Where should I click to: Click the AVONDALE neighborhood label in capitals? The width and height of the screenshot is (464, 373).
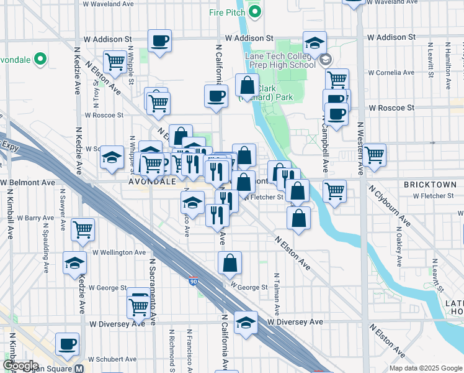[x=149, y=182]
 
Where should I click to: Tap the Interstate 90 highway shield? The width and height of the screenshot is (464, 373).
[x=194, y=282]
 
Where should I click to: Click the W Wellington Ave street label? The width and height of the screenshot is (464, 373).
[x=119, y=252]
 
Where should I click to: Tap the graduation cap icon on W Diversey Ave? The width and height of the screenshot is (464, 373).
[x=246, y=323]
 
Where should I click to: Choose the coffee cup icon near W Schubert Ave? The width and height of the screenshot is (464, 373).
[x=67, y=343]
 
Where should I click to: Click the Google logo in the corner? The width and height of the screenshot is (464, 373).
[x=20, y=366]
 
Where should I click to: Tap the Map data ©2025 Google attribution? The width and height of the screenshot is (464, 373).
[x=425, y=368]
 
